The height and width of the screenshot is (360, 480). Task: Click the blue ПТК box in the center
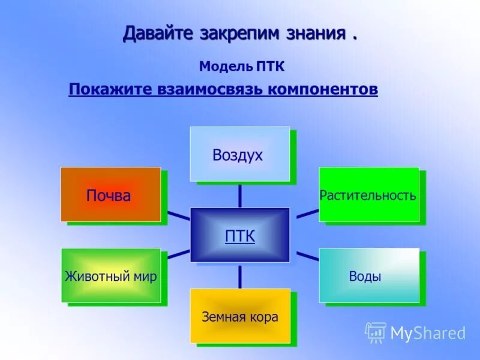tap(240, 235)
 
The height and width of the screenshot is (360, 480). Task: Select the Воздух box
tap(240, 154)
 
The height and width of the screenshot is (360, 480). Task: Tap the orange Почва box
tap(110, 194)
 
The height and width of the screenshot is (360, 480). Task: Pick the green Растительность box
tap(368, 194)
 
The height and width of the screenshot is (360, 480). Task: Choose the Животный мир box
tap(111, 275)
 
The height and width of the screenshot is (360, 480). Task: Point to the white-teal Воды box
tap(368, 275)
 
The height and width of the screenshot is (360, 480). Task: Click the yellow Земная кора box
tap(240, 316)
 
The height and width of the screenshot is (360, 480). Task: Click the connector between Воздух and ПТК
tap(240, 194)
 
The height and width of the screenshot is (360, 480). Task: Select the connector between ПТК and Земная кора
tap(240, 275)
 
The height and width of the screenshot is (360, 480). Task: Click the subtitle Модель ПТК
tap(242, 65)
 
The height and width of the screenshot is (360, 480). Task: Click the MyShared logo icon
tap(376, 332)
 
